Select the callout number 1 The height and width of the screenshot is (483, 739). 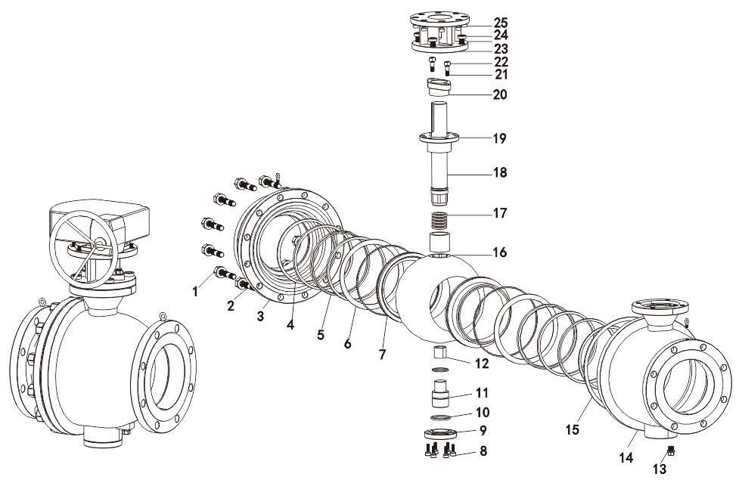[x=195, y=291]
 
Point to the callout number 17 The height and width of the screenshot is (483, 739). [x=500, y=213]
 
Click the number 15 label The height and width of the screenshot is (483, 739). [x=572, y=429]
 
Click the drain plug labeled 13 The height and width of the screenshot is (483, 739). [x=670, y=452]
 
